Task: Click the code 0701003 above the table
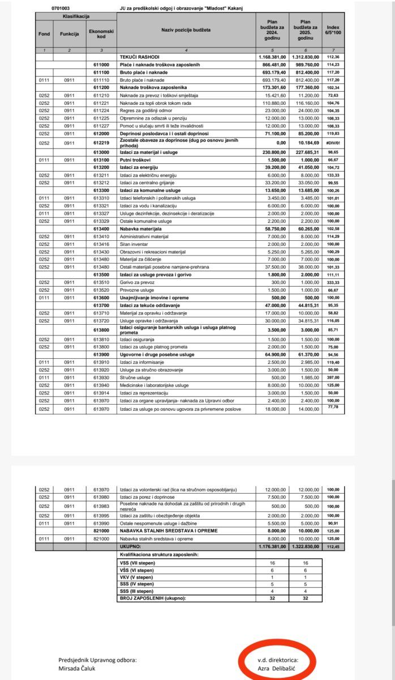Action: [x=60, y=9]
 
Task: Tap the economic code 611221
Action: [x=101, y=103]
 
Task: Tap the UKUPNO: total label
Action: [x=131, y=547]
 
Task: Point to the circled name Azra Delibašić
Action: [x=277, y=668]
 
